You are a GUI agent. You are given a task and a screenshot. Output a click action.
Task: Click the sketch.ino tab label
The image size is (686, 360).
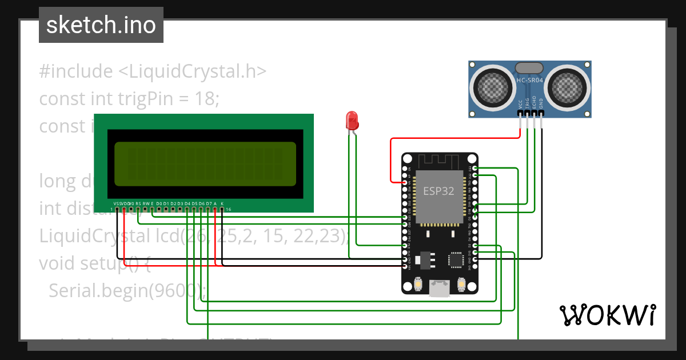101,25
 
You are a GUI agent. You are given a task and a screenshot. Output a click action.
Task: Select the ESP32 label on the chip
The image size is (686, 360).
438,191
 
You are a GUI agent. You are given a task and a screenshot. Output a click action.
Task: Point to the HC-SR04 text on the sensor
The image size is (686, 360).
529,81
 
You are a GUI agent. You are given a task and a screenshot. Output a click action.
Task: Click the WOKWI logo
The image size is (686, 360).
607,315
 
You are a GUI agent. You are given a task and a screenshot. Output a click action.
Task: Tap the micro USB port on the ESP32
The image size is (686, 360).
440,289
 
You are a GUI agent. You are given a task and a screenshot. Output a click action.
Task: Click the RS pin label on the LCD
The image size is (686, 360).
138,203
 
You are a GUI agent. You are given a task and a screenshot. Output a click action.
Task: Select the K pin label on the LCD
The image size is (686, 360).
222,203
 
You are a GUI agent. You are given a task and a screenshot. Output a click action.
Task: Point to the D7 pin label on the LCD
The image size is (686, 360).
209,203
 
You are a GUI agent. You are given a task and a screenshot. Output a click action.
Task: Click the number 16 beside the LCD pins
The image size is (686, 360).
229,210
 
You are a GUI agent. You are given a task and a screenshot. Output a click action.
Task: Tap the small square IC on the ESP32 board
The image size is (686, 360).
456,260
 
